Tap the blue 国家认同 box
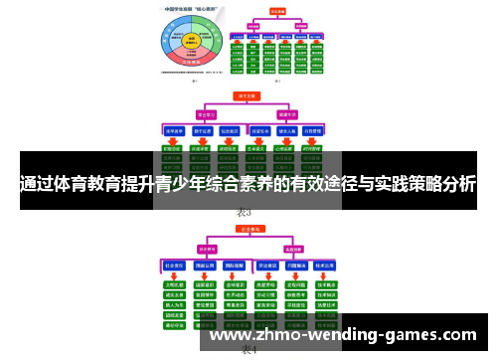point(205,266)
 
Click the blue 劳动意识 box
point(266,266)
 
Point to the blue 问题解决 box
point(297,266)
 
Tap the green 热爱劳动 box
point(266,282)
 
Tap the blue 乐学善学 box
point(174,130)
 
